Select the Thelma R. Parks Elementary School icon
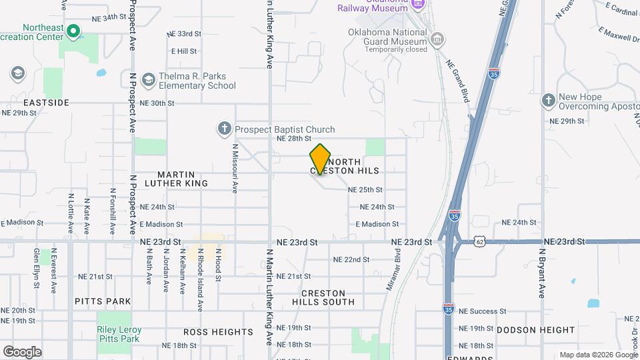tap(148, 80)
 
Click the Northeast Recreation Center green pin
tap(73, 31)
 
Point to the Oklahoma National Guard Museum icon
tap(437, 39)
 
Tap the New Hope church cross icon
tap(548, 100)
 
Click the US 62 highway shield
tap(480, 241)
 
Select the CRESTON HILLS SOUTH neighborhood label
tap(323, 297)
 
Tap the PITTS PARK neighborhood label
tap(103, 301)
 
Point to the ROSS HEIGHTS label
tap(219, 331)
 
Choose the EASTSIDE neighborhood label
tap(47, 103)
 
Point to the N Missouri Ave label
tap(235, 169)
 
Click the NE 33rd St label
tap(184, 33)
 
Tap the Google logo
tap(22, 351)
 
